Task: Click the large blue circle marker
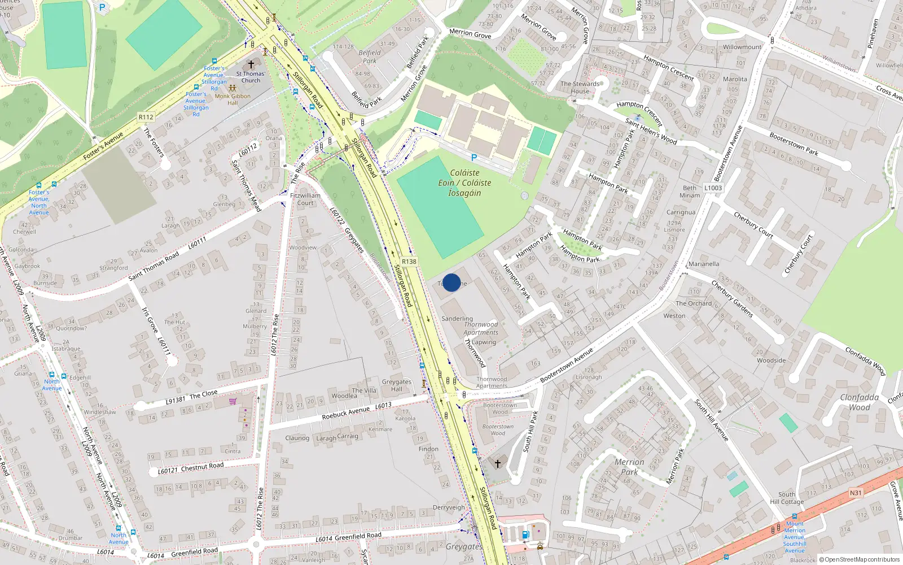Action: click(x=451, y=282)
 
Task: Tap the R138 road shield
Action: click(x=409, y=262)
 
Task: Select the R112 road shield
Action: click(x=146, y=117)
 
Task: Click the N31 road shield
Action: click(x=856, y=493)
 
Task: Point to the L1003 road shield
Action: click(x=713, y=188)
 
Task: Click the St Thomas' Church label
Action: click(x=251, y=77)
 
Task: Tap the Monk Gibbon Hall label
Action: click(x=233, y=99)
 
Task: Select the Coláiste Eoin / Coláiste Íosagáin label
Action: click(x=464, y=182)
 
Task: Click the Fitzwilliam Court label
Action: click(x=305, y=199)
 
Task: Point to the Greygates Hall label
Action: click(x=396, y=385)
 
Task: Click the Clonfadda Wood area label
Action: click(x=859, y=402)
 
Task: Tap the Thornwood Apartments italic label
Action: click(x=481, y=328)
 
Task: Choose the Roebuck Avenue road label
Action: click(x=346, y=413)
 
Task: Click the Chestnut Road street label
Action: click(x=202, y=467)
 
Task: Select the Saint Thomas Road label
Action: click(x=154, y=266)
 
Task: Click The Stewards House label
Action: click(x=580, y=87)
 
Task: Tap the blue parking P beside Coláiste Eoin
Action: click(x=474, y=158)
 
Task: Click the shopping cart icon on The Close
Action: click(x=233, y=402)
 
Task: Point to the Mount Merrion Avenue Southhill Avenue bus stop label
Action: click(x=795, y=537)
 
